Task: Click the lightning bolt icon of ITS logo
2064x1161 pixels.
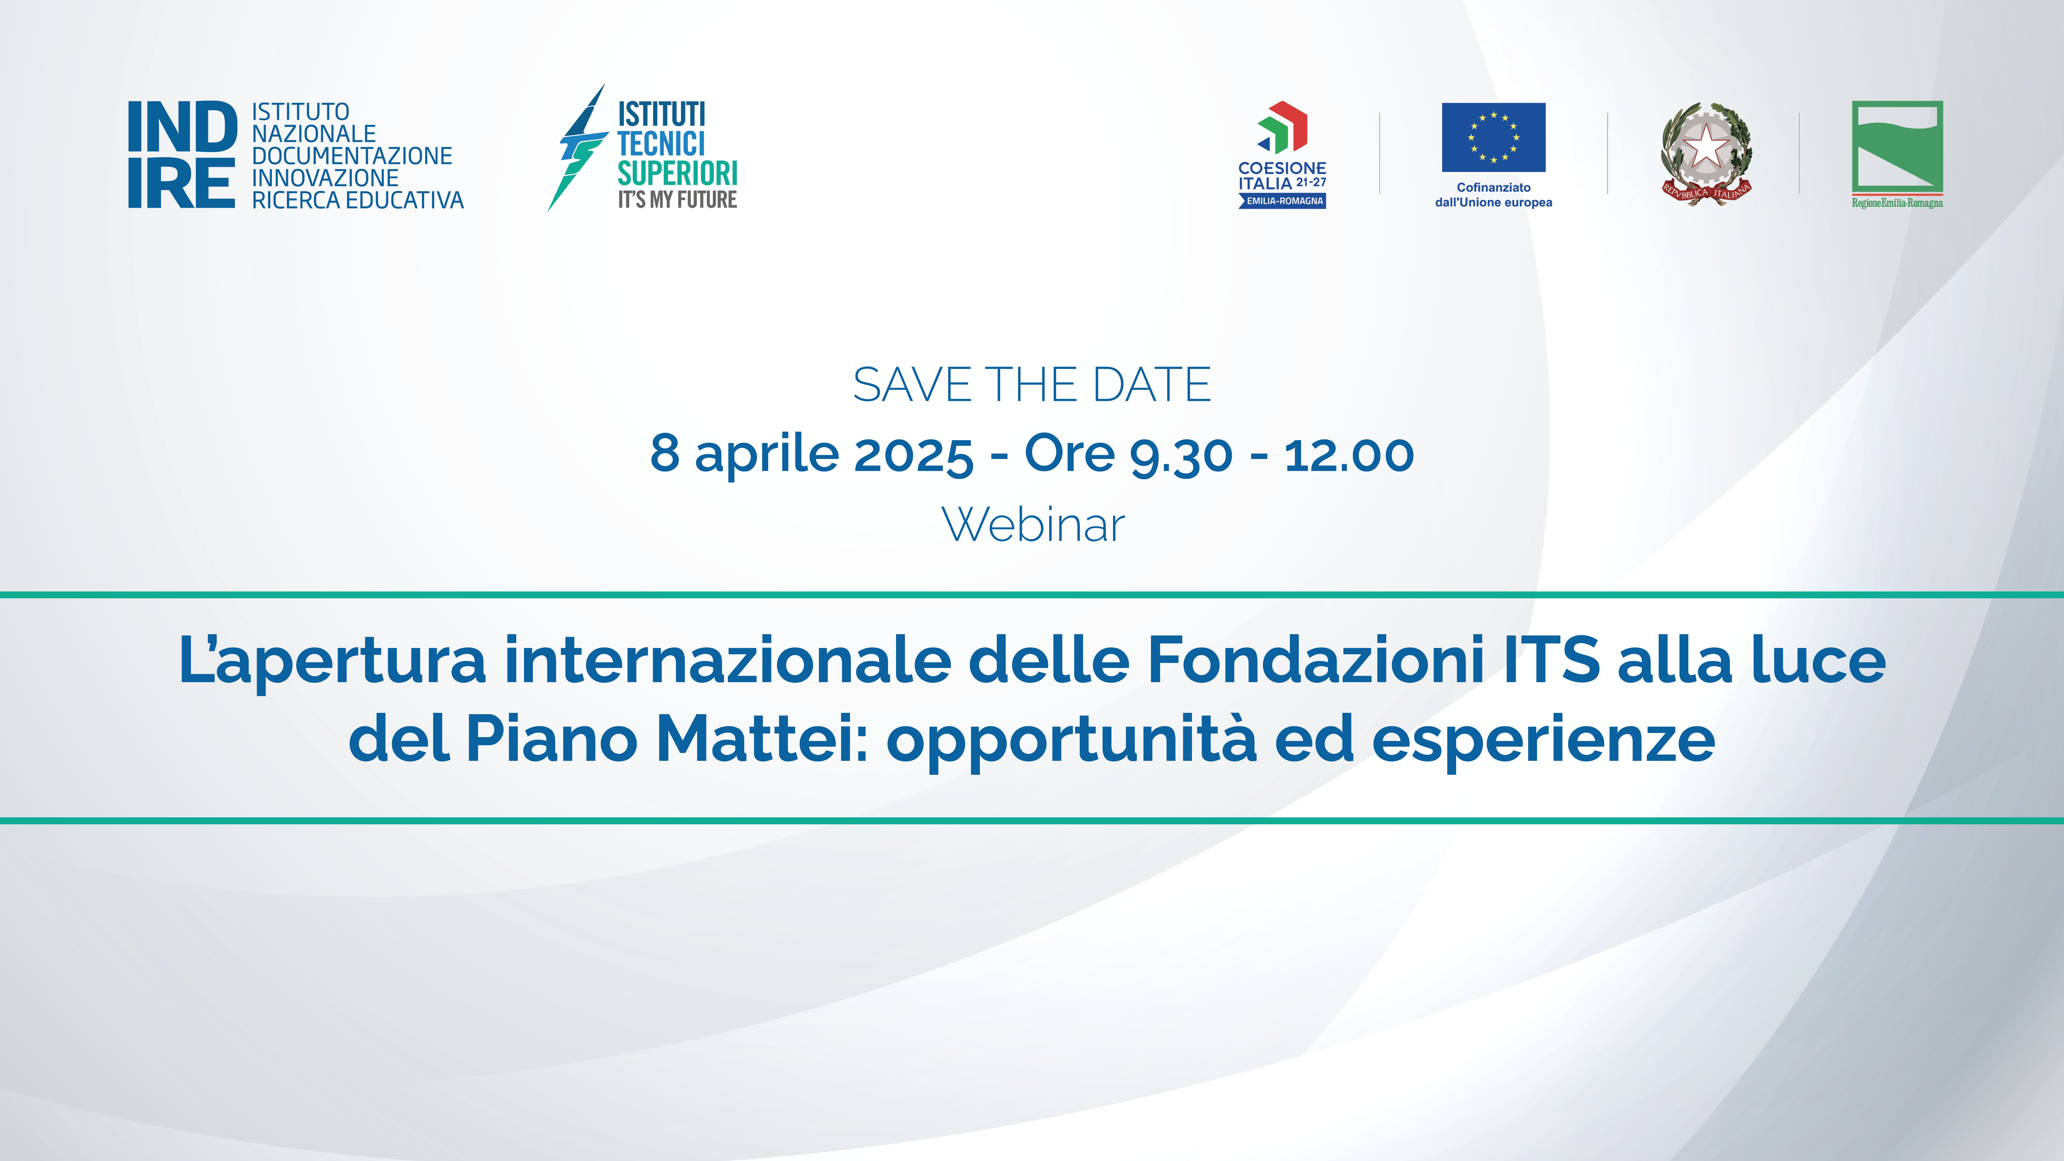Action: coord(577,148)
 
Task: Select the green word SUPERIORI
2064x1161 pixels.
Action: coord(677,173)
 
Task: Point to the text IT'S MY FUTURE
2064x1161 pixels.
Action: coord(677,199)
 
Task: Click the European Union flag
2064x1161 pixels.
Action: coord(1494,137)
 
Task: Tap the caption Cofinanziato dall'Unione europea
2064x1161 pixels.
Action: coord(1494,195)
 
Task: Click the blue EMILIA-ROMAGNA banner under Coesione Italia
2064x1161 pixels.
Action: coord(1283,201)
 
